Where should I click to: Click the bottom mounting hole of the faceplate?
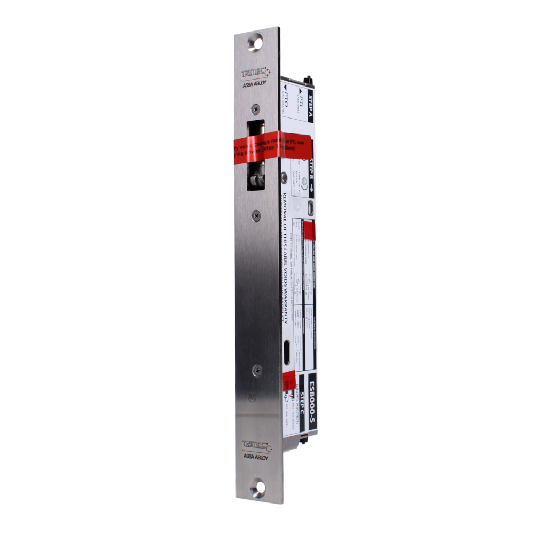click(x=259, y=487)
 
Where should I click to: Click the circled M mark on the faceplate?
click(x=253, y=397)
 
